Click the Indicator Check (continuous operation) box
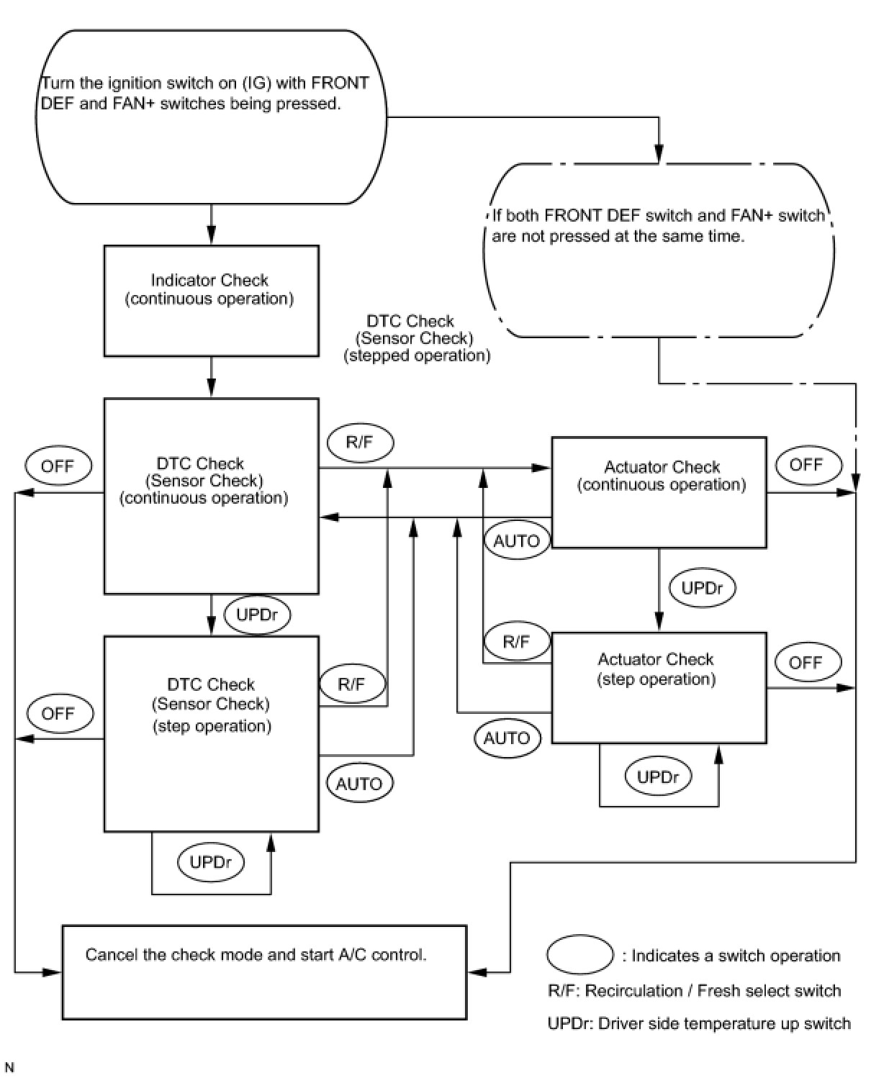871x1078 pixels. point(211,300)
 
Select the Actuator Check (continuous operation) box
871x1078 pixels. point(658,492)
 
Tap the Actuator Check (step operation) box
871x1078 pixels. point(658,687)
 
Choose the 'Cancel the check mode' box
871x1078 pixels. point(264,971)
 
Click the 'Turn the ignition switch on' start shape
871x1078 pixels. point(211,116)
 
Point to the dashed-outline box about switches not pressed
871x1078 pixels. point(658,250)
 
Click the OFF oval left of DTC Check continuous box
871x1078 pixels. point(58,466)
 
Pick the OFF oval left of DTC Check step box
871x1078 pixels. point(58,713)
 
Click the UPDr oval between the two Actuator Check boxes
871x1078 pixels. point(701,588)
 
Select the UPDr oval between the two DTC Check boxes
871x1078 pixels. point(257,615)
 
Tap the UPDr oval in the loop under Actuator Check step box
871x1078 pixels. point(658,776)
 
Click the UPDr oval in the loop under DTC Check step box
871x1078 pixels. point(210,861)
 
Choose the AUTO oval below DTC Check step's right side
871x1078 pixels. point(359,783)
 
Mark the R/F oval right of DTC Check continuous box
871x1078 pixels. point(359,442)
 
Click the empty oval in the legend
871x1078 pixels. point(579,955)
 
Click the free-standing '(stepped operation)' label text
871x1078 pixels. point(418,355)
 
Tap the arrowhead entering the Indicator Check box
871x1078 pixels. point(211,237)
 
